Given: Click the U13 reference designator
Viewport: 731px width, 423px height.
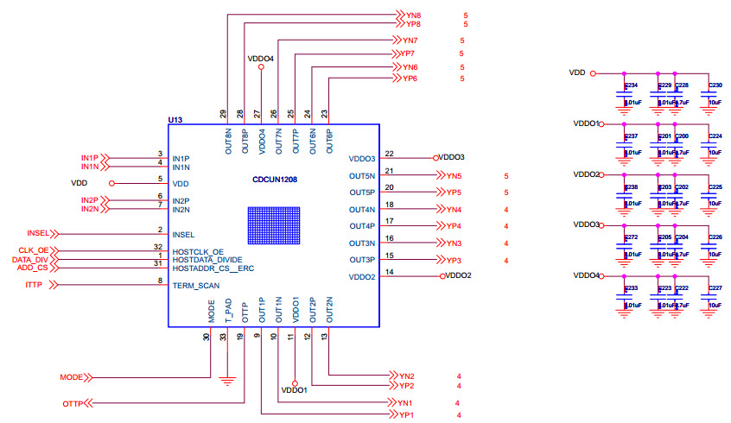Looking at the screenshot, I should point(175,120).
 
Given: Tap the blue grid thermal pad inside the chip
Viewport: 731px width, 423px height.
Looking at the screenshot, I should point(273,229).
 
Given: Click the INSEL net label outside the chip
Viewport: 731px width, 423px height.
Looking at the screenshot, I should point(39,233).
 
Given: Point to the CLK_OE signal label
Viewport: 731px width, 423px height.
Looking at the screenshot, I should point(35,250).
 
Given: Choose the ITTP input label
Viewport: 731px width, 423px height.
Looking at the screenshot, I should point(35,284).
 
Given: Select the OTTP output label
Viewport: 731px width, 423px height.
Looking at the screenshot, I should point(73,404).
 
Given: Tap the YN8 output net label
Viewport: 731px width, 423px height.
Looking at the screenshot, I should point(413,16).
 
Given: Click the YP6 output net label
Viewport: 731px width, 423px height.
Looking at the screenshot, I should point(410,79).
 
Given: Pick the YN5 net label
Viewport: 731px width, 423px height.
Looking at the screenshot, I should point(454,176).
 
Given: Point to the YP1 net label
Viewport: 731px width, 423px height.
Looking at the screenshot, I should point(406,415).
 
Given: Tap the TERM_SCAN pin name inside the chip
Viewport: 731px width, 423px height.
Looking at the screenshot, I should point(196,284).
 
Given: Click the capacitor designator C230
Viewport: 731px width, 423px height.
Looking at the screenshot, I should point(715,85).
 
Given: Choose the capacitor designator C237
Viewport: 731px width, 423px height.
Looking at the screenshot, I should point(631,136).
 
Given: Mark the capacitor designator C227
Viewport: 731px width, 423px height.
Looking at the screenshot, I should point(715,288).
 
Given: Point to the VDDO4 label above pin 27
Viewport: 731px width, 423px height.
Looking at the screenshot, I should point(260,60).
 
